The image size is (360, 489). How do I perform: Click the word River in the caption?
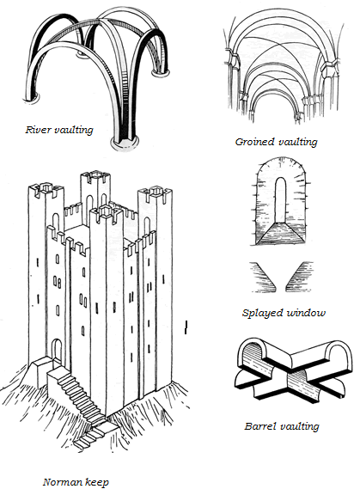36,130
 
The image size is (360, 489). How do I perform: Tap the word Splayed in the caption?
262,313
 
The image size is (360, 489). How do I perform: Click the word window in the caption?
306,313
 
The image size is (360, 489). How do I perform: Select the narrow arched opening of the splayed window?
280,200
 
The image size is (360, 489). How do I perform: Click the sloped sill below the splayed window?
280,233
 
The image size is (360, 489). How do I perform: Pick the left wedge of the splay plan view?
263,277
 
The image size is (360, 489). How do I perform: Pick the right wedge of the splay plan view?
299,277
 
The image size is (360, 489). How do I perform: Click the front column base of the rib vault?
124,142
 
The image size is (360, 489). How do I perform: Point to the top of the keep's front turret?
106,212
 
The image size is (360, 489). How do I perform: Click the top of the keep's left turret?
46,189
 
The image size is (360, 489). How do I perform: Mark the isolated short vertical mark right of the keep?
186,327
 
